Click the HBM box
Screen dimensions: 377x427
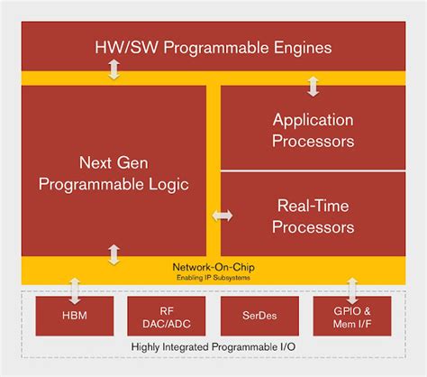75,316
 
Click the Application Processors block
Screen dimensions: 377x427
313,128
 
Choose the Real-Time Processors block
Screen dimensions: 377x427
313,216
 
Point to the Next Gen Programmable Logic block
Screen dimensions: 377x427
114,173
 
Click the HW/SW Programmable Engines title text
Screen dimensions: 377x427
213,46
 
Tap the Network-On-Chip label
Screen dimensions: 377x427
213,267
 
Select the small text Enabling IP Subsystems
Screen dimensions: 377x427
213,276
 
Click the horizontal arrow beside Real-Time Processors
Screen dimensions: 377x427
222,216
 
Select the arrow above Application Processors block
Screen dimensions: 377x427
313,86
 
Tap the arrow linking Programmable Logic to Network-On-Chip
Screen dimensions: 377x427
114,253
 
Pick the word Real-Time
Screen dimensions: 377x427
313,206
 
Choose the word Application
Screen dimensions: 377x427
313,118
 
